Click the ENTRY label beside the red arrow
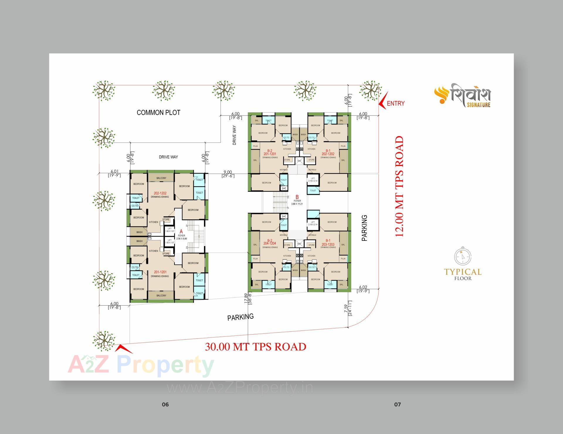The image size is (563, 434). pos(396,103)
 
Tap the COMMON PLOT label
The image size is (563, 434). pos(158,113)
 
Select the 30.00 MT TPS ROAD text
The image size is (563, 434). pos(255,347)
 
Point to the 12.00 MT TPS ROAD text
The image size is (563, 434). pos(400,187)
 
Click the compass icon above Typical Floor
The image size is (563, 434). pos(463,257)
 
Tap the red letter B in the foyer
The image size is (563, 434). pos(297,197)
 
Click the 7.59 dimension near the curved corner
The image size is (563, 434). pos(346,310)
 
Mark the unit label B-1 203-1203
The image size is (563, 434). pos(328,243)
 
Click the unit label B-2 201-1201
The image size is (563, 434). pos(270,152)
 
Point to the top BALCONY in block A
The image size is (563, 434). pos(161,178)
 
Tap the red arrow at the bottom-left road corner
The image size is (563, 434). pos(123,349)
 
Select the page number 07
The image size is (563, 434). pos(397,405)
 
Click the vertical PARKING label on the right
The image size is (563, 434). pos(364,228)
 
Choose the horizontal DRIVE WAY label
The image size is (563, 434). pos(168,157)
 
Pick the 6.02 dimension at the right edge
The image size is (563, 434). pos(363,287)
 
